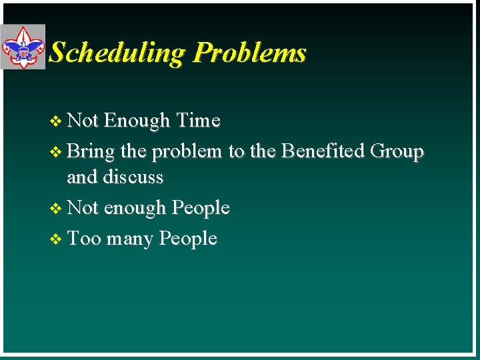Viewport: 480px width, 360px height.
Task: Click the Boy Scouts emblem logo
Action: click(23, 47)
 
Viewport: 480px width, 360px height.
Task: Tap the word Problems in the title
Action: click(249, 53)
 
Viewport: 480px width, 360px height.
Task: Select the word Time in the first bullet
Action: click(198, 121)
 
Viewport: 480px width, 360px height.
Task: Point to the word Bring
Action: click(91, 151)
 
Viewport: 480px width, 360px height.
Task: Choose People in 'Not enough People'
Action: click(200, 208)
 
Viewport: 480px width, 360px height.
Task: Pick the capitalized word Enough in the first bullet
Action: click(137, 121)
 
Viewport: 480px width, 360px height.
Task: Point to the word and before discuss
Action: click(81, 177)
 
